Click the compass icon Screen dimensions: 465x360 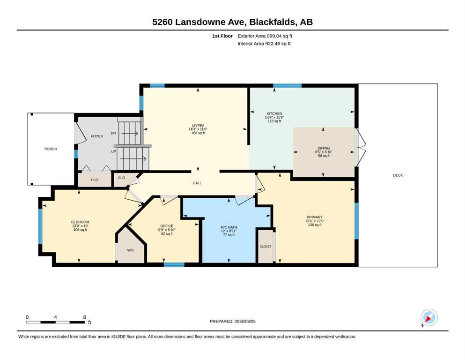pyautogui.click(x=429, y=317)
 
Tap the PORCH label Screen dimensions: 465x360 pyautogui.click(x=51, y=149)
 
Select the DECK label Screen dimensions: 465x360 pyautogui.click(x=398, y=175)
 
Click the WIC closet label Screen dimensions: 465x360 pyautogui.click(x=131, y=250)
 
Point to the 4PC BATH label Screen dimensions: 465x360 pyautogui.click(x=229, y=227)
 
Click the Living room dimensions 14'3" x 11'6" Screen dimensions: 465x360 pyautogui.click(x=198, y=129)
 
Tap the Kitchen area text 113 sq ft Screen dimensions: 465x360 pyautogui.click(x=274, y=121)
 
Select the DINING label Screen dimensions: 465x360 pyautogui.click(x=324, y=148)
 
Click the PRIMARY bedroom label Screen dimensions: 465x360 pyautogui.click(x=315, y=217)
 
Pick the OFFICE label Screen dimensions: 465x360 pyautogui.click(x=167, y=226)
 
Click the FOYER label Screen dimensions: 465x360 pyautogui.click(x=97, y=136)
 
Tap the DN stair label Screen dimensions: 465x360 pyautogui.click(x=113, y=133)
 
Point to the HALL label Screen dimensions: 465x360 pyautogui.click(x=197, y=183)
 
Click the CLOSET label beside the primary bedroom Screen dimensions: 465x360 pyautogui.click(x=266, y=247)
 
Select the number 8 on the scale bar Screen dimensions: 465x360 pyautogui.click(x=84, y=317)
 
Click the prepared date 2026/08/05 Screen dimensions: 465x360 pyautogui.click(x=245, y=322)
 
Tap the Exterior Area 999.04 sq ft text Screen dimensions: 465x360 pyautogui.click(x=265, y=36)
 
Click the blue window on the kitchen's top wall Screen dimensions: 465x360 pyautogui.click(x=288, y=86)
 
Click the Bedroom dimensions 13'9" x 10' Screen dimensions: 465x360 pyautogui.click(x=80, y=226)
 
